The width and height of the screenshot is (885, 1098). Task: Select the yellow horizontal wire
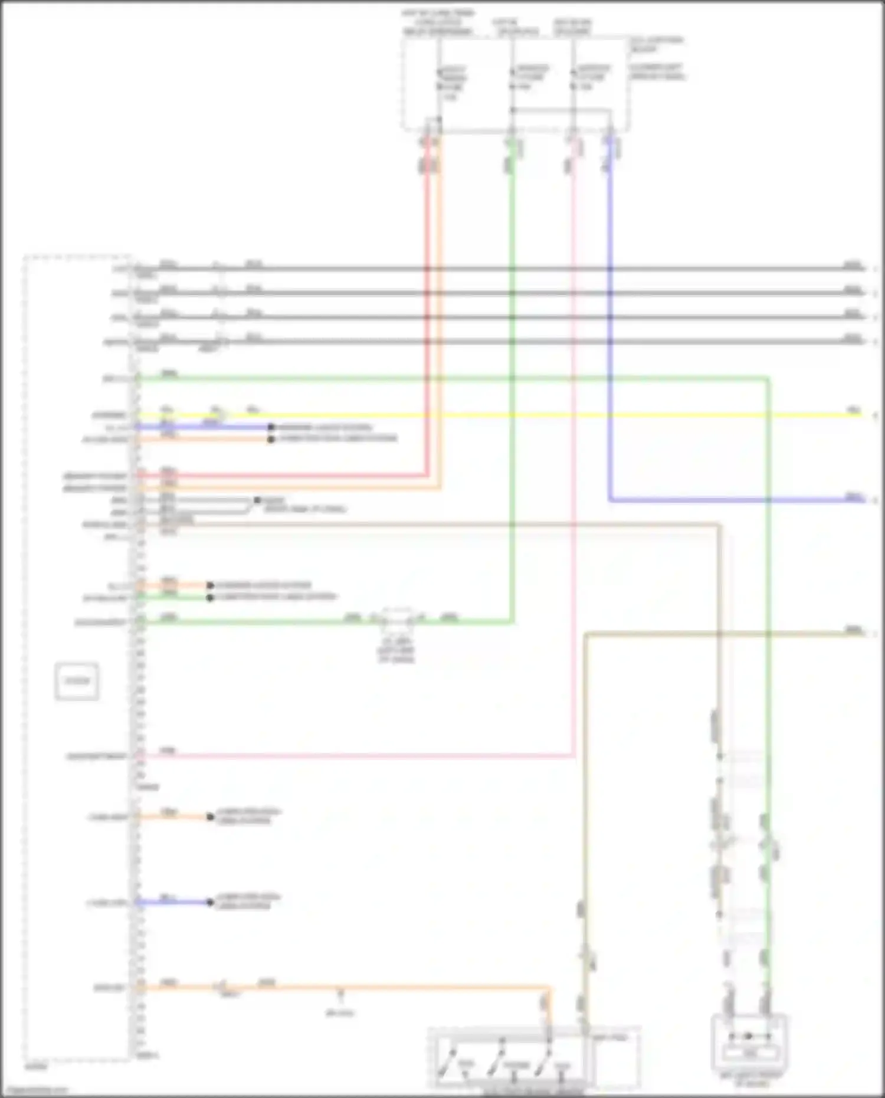pyautogui.click(x=531, y=415)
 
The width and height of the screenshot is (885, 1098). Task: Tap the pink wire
pyautogui.click(x=572, y=472)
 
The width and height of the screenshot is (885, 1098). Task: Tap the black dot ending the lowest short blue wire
pyautogui.click(x=210, y=902)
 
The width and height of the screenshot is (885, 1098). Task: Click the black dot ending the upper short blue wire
pyautogui.click(x=271, y=427)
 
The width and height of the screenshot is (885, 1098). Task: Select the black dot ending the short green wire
pyautogui.click(x=210, y=597)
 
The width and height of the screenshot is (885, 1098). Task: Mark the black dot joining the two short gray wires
pyautogui.click(x=257, y=500)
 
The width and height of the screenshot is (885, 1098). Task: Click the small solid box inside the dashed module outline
pyautogui.click(x=77, y=681)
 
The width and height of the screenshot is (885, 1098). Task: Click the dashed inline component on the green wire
pyautogui.click(x=397, y=620)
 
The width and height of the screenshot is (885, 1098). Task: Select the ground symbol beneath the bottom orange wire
pyautogui.click(x=340, y=996)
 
